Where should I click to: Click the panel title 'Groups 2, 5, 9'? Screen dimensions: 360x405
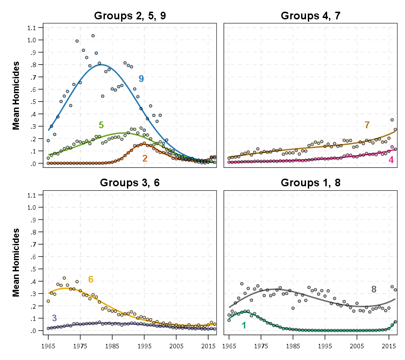(130, 16)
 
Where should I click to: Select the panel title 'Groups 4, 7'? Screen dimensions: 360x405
(310, 16)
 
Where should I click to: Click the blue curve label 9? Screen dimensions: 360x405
(141, 79)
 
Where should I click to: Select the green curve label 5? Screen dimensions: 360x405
(101, 125)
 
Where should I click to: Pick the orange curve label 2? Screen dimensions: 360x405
(145, 158)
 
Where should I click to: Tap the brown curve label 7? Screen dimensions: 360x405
(367, 125)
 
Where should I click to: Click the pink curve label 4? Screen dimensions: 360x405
(391, 160)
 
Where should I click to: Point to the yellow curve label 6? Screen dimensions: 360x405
(90, 279)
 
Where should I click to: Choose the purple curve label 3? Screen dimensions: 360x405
(54, 318)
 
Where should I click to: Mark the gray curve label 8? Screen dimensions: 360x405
(374, 289)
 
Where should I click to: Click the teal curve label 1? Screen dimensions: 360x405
(244, 325)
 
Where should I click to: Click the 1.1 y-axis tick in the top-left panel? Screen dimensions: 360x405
(31, 28)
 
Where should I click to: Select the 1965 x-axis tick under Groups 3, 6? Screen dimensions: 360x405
(48, 345)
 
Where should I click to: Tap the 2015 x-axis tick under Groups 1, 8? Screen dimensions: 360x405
(389, 345)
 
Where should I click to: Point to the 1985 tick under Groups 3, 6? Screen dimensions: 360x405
(112, 345)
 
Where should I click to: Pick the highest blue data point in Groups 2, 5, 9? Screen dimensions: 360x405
(93, 36)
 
